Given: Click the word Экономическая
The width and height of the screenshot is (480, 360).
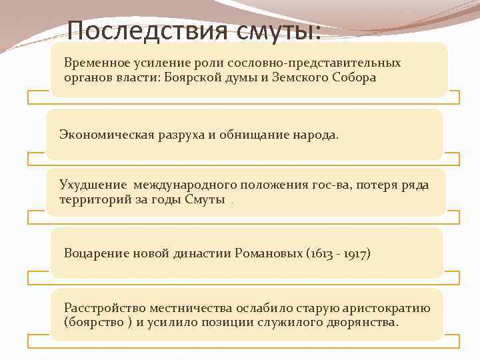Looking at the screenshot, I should tap(101, 135).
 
